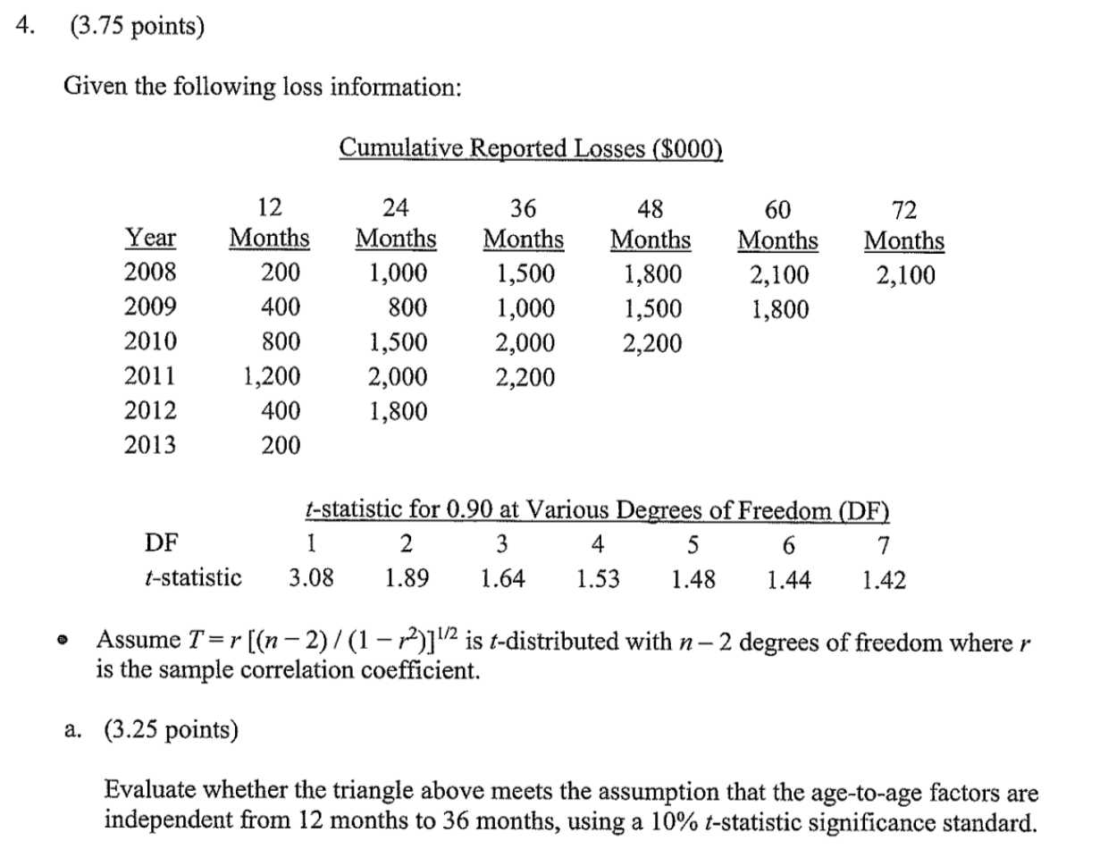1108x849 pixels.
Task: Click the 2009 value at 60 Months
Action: [780, 308]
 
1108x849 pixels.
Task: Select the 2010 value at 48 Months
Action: [653, 342]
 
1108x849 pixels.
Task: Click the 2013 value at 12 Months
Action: [282, 444]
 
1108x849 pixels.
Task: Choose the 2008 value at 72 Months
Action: [906, 274]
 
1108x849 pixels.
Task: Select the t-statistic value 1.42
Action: [885, 580]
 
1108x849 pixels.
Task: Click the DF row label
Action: [160, 543]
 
